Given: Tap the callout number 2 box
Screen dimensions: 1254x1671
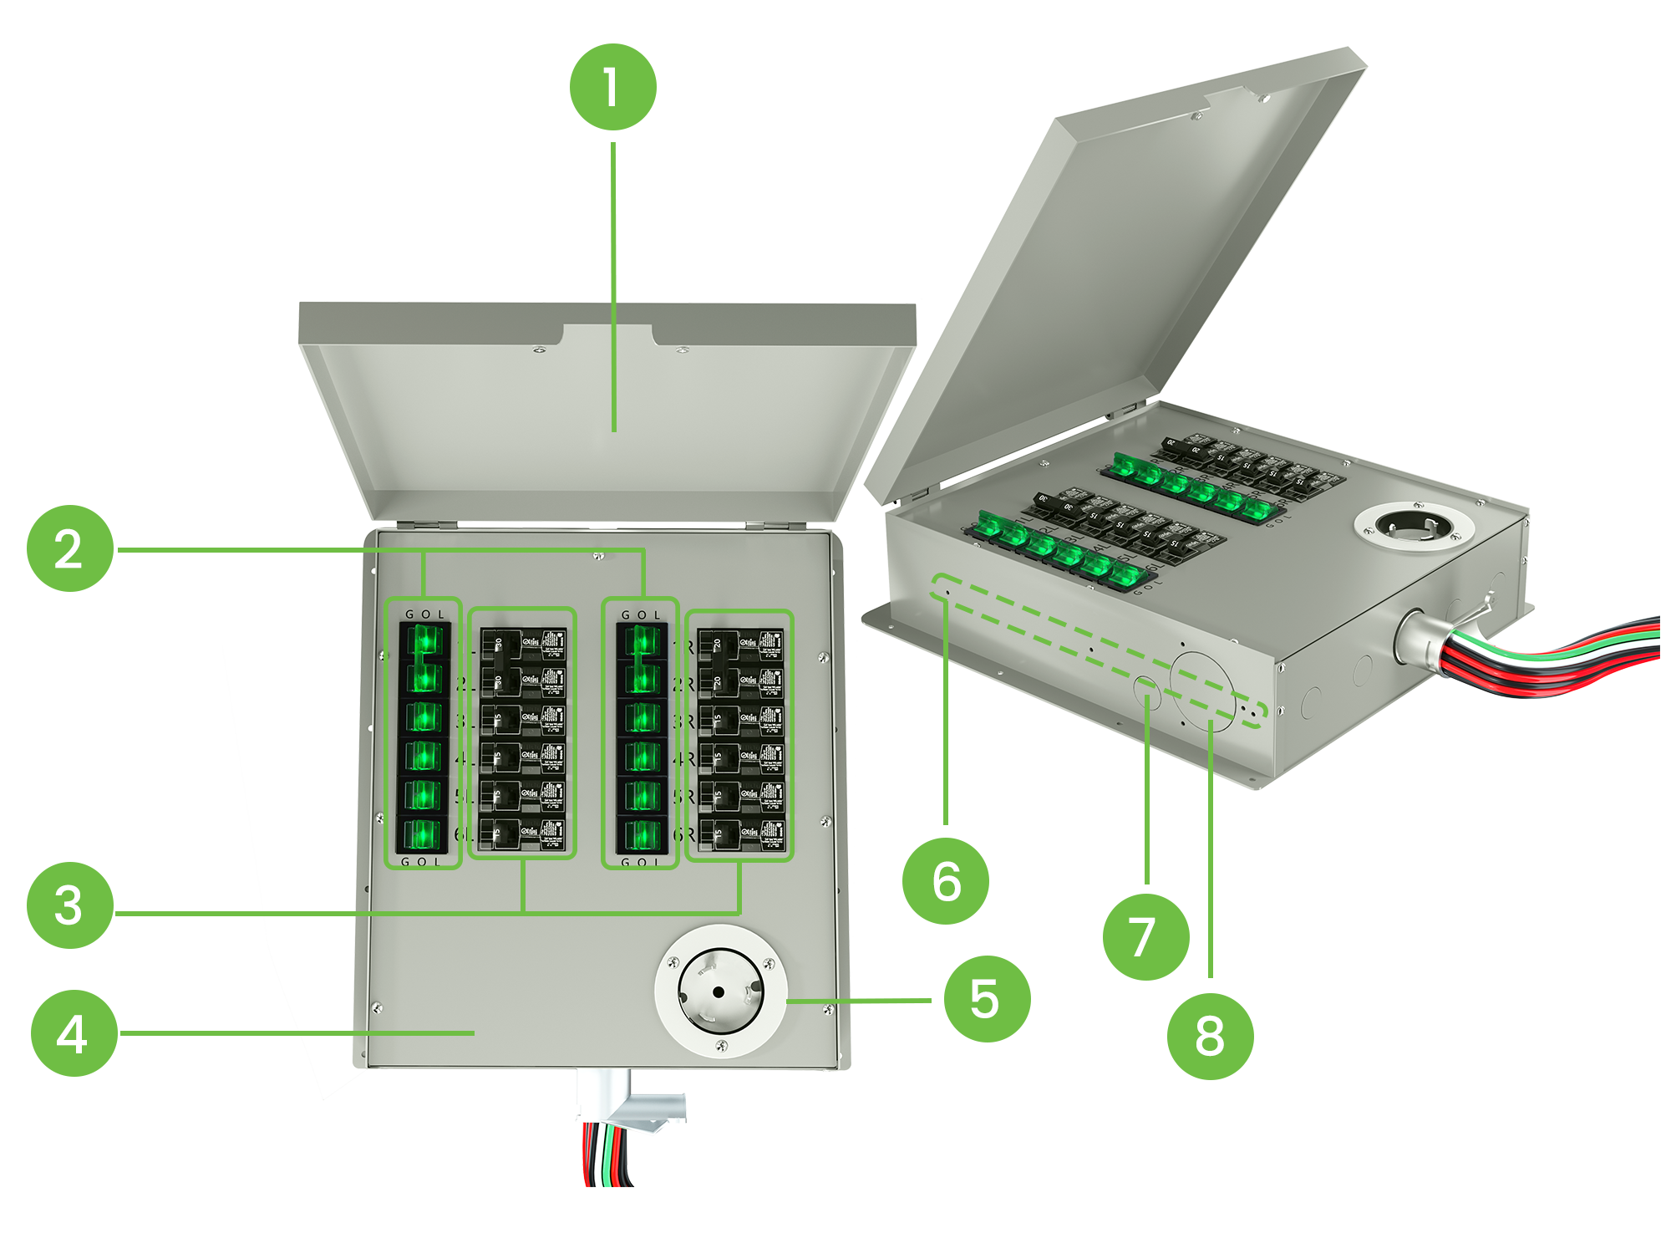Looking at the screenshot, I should pyautogui.click(x=69, y=549).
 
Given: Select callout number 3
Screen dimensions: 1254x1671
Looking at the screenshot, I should pyautogui.click(x=69, y=905).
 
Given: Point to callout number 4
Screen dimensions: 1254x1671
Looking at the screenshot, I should pyautogui.click(x=72, y=1033).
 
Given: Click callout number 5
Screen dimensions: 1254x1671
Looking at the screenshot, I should pyautogui.click(x=987, y=998).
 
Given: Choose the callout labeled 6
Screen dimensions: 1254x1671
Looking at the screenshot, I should pyautogui.click(x=947, y=881).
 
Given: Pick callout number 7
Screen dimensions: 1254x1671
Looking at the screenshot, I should pyautogui.click(x=1145, y=936).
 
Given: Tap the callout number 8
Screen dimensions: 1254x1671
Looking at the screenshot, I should pyautogui.click(x=1210, y=1036).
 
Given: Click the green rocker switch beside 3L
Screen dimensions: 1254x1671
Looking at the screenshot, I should pyautogui.click(x=424, y=718).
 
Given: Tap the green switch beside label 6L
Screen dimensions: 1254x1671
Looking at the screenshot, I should pyautogui.click(x=424, y=833).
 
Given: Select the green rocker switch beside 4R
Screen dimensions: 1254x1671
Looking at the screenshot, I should pyautogui.click(x=642, y=757).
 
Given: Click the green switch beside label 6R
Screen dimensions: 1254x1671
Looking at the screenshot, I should pyautogui.click(x=642, y=833).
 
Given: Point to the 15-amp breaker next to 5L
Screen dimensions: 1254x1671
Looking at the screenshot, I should pyautogui.click(x=524, y=796).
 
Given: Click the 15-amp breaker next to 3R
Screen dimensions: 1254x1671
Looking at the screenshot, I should pyautogui.click(x=741, y=719).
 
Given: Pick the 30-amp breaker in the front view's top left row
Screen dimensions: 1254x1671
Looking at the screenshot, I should pyautogui.click(x=524, y=645).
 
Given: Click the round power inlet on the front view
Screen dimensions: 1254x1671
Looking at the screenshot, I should pyautogui.click(x=720, y=991).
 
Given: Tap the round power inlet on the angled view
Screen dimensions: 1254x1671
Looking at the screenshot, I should pyautogui.click(x=1415, y=528).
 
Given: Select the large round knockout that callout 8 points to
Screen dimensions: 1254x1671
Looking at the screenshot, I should pyautogui.click(x=1202, y=693).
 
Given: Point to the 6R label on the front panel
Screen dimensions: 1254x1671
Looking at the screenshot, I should pyautogui.click(x=684, y=834).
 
